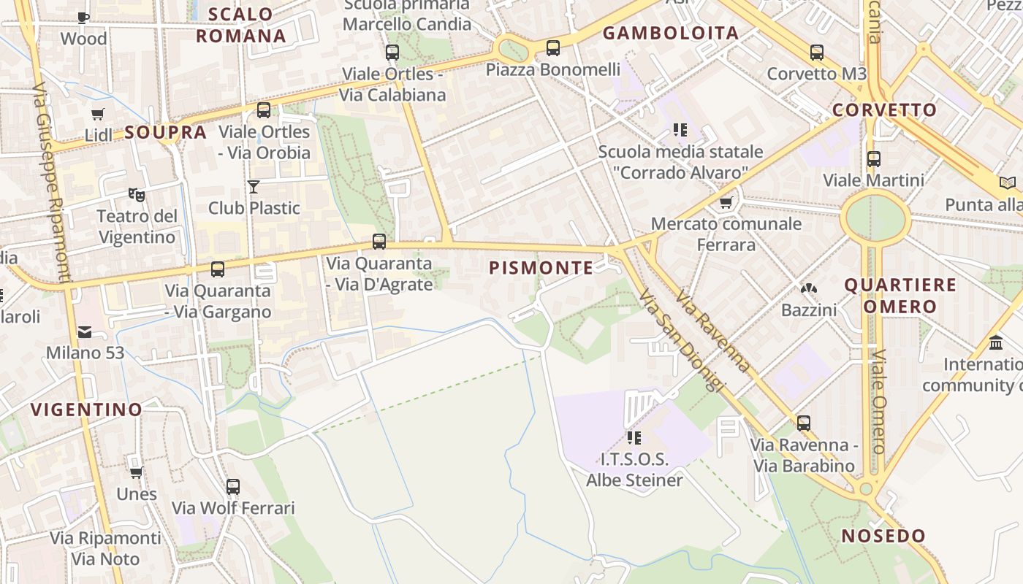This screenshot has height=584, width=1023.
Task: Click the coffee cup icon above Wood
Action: pos(83,18)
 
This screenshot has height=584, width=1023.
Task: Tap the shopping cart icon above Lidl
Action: pos(97,114)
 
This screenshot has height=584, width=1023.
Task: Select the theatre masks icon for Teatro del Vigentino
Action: pos(136,194)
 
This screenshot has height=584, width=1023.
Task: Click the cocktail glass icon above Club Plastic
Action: pos(254,187)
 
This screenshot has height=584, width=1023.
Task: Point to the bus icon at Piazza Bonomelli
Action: pos(553,48)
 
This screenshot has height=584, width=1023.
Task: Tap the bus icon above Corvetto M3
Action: pos(816,53)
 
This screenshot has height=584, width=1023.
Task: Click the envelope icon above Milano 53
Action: pos(85,332)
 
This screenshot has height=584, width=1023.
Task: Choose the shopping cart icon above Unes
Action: pos(136,472)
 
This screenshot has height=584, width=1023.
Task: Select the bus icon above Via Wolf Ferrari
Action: pos(232,486)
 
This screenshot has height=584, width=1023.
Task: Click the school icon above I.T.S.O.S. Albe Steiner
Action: pos(634,438)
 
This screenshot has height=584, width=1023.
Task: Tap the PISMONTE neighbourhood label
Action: pos(541,268)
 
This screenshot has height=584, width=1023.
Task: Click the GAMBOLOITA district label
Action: pos(671,33)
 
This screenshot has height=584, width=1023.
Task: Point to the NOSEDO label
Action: pos(883,536)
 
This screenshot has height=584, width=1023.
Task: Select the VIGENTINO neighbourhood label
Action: pos(86,410)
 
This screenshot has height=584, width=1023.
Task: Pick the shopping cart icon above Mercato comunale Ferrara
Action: pos(726,202)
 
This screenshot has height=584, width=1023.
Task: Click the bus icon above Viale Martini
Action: pos(873,158)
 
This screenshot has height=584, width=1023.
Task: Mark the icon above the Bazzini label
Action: pos(808,289)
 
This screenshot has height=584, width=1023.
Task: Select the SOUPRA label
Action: pos(166,132)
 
